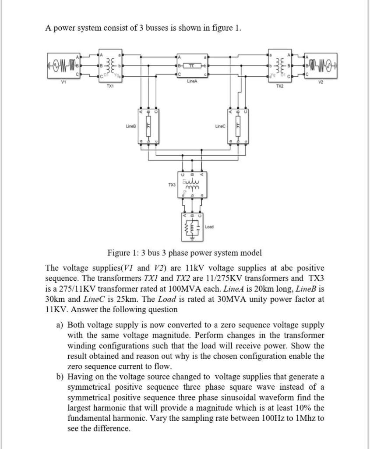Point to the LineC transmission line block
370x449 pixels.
[239, 126]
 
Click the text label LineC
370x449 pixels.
[220, 126]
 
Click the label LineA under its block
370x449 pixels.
[191, 82]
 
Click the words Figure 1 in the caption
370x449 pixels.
[121, 253]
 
